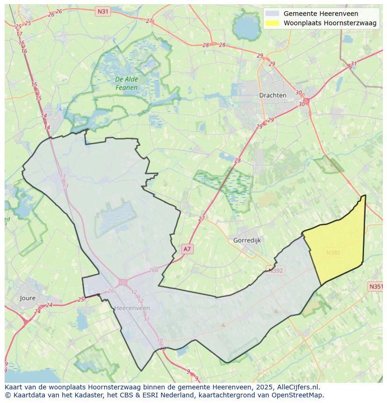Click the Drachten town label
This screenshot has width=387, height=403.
[x=272, y=95]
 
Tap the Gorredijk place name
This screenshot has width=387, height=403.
[x=246, y=240]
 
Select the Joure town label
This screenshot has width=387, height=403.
[x=28, y=298]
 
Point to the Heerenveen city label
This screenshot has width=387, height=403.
[x=132, y=308]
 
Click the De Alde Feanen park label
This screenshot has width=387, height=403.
[x=127, y=83]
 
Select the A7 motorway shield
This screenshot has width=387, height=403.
[x=187, y=249]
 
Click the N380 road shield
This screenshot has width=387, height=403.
[x=333, y=253]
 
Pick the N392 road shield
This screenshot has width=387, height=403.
[x=275, y=270]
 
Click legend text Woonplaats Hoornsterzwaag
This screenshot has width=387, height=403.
[x=330, y=23]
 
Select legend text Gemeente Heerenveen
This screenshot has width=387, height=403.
[x=321, y=14]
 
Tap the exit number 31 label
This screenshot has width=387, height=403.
[x=354, y=64]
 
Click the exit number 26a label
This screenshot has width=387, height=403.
[x=153, y=271]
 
